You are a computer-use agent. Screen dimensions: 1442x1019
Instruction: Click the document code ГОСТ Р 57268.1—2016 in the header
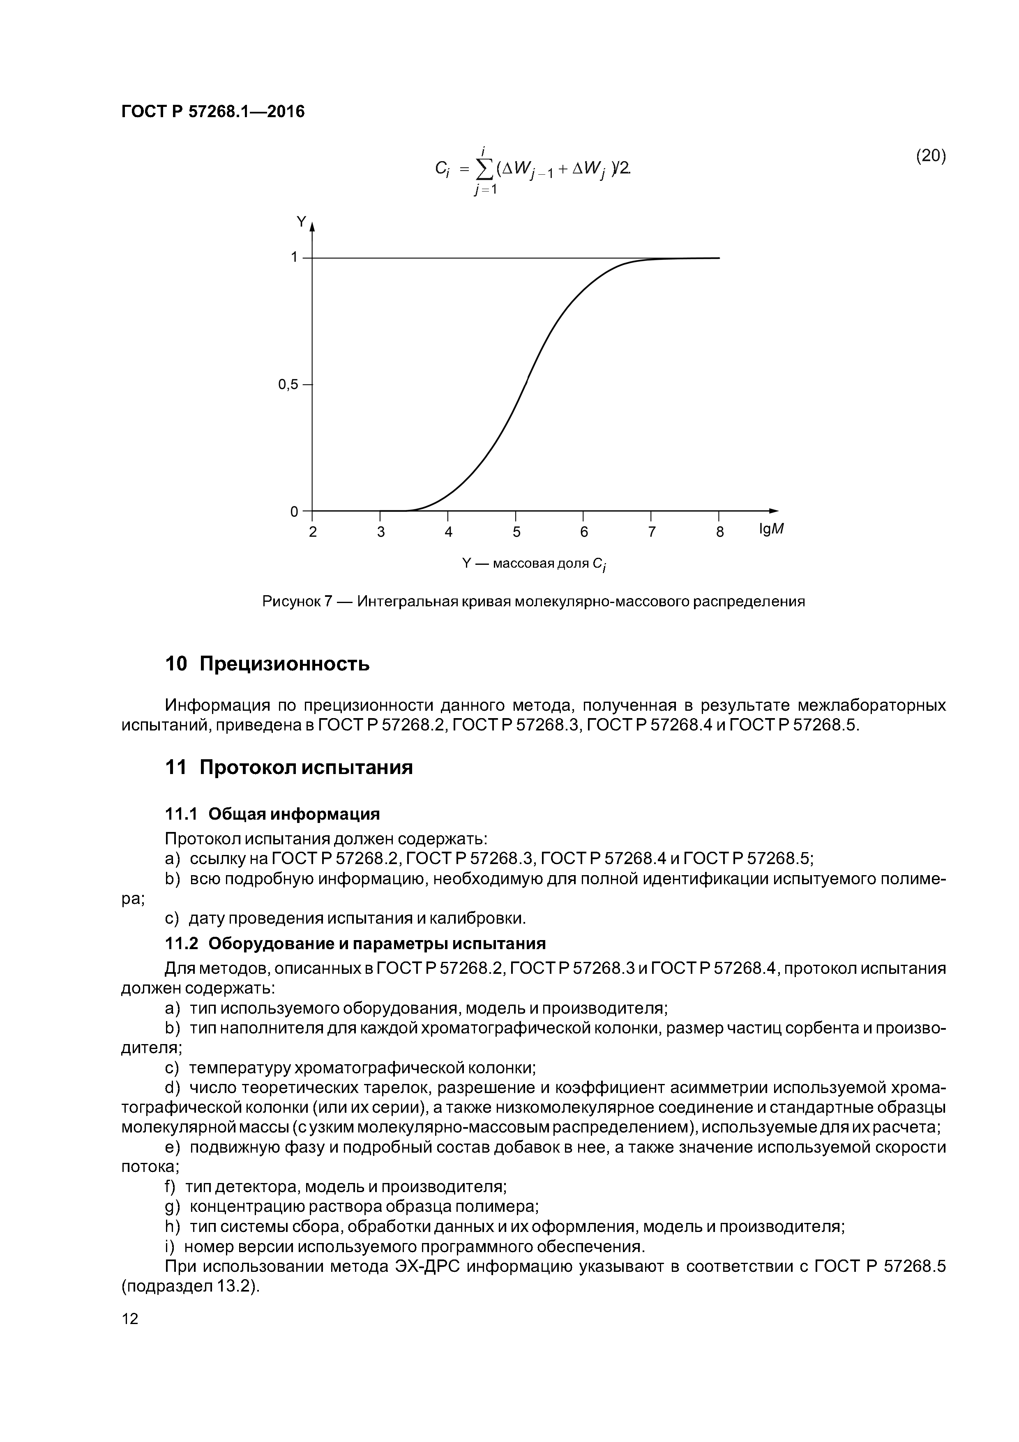coord(212,112)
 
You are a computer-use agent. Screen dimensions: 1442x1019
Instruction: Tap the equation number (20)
coord(931,156)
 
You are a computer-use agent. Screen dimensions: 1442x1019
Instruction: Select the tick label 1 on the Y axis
coord(294,257)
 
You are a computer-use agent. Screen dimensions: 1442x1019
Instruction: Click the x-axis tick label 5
coord(516,532)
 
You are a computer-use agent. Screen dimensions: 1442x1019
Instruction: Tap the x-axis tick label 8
coord(719,532)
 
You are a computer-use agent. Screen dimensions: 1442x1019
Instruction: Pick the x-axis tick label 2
coord(313,532)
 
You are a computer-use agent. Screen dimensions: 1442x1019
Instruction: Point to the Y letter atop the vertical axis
coord(301,222)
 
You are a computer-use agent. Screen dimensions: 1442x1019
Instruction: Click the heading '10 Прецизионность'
coord(267,664)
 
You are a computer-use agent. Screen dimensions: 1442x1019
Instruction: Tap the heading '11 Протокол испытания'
coord(288,767)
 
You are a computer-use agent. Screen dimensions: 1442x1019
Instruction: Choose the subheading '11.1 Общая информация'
coord(272,815)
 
